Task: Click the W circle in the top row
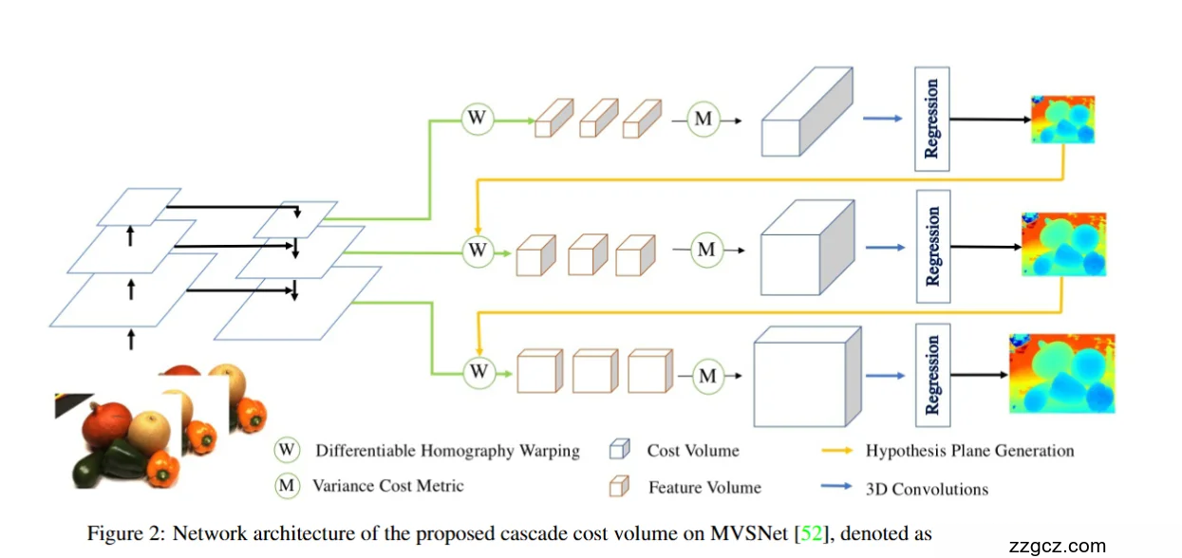point(478,120)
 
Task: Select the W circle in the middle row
point(478,251)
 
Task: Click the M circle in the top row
point(704,120)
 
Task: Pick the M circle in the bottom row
point(707,377)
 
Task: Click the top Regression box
point(931,120)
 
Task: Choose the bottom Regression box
point(932,375)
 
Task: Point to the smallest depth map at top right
point(1062,120)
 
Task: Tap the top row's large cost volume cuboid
point(807,114)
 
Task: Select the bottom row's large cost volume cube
point(807,378)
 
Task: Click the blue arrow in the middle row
point(883,249)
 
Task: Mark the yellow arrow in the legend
point(836,451)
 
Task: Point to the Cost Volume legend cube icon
point(619,450)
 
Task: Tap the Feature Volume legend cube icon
point(619,487)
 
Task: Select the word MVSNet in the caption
point(757,534)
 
